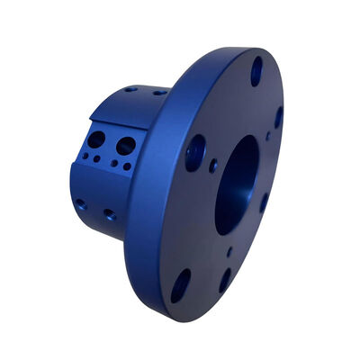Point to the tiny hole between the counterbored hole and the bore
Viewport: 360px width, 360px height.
click(213, 166)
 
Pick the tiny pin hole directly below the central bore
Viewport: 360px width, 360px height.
click(229, 253)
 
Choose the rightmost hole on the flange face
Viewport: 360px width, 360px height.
click(278, 117)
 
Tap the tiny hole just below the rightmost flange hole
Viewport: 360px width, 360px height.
click(267, 137)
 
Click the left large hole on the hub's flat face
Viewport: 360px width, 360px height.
click(97, 140)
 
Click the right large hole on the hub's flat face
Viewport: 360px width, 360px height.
click(126, 145)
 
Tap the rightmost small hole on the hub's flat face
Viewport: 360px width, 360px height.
click(127, 166)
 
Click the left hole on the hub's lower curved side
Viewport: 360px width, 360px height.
click(81, 205)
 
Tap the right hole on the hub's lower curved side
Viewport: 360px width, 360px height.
click(110, 215)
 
